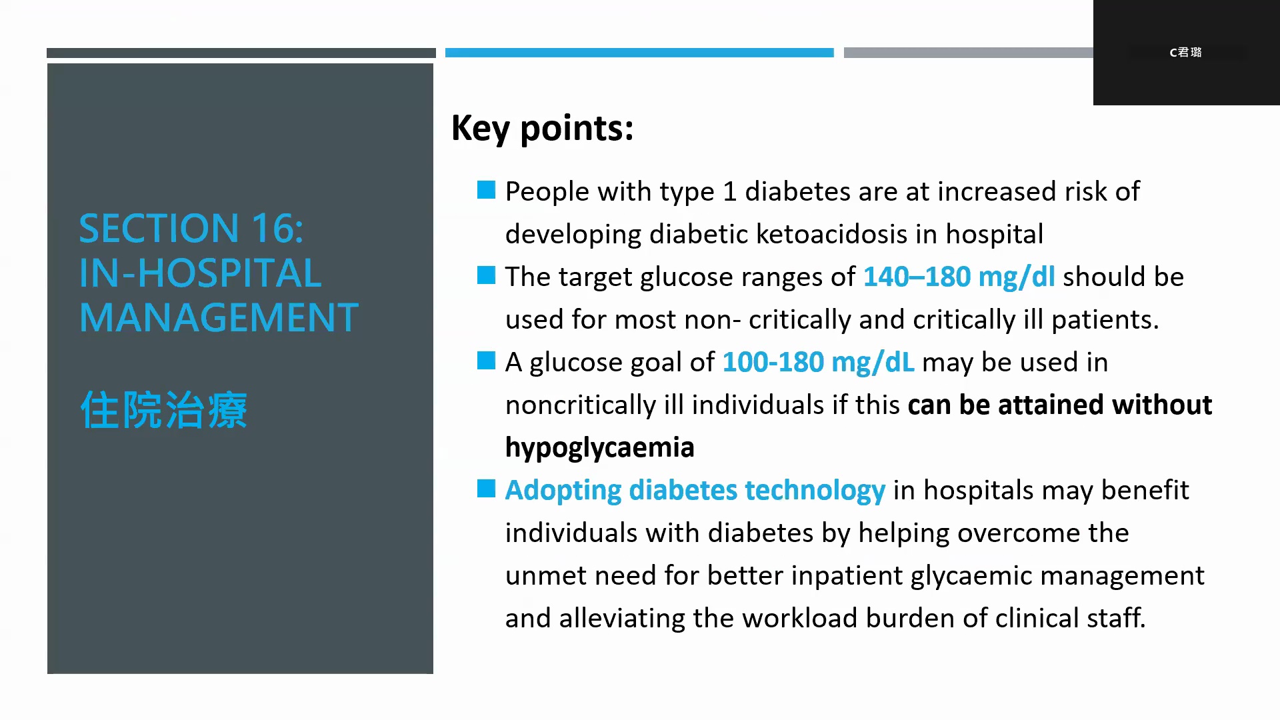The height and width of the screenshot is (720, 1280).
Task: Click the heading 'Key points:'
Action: coord(542,128)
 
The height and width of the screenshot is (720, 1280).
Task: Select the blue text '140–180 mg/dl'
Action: coord(959,277)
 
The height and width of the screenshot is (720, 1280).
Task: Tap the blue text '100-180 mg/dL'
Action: coord(818,362)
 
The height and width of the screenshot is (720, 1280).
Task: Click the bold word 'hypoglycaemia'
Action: coord(599,448)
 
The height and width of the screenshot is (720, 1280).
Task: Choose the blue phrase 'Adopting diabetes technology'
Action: coord(695,491)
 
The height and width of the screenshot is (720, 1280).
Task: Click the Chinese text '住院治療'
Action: coord(164,409)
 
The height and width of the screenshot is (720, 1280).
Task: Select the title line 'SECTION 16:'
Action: coord(191,228)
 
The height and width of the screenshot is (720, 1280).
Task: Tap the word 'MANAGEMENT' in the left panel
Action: coord(219,317)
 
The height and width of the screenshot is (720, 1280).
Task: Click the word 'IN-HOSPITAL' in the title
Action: coord(200,273)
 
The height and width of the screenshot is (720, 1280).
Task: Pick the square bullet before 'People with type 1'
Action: coord(487,191)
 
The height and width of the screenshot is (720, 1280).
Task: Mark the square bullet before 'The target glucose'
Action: coord(487,275)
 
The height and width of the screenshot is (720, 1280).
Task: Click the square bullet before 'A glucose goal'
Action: coord(487,361)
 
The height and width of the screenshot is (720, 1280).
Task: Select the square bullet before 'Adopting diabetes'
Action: coord(487,489)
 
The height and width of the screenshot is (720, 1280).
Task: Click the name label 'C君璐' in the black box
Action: coord(1185,52)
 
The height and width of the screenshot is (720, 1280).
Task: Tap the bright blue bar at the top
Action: coord(639,53)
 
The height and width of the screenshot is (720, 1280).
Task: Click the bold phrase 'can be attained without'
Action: coord(1060,405)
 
